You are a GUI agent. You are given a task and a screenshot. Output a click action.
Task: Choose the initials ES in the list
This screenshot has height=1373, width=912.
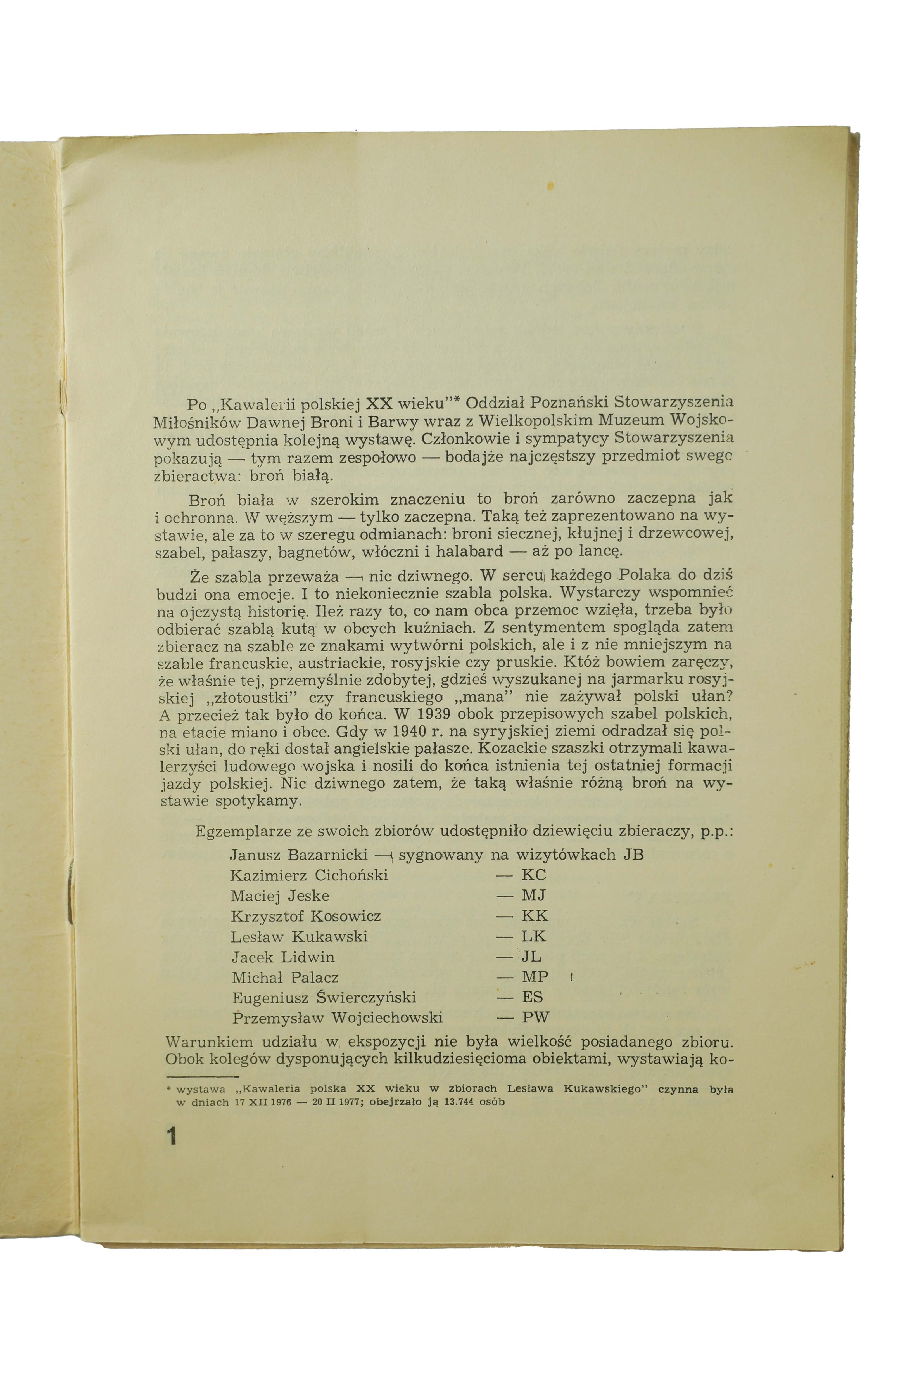[x=532, y=997]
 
